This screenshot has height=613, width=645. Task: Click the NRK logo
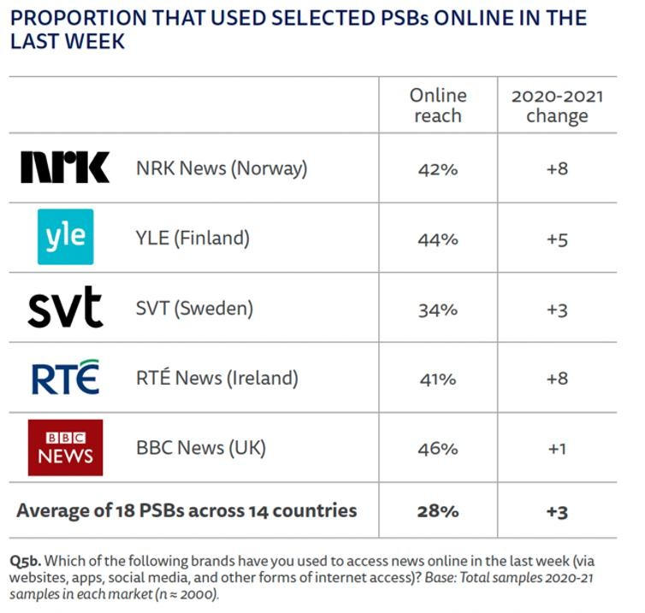pyautogui.click(x=65, y=168)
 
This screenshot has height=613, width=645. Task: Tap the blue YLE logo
pyautogui.click(x=65, y=238)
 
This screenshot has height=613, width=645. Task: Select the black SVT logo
pyautogui.click(x=65, y=308)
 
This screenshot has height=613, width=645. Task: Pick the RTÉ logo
pyautogui.click(x=65, y=378)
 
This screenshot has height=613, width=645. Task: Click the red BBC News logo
pyautogui.click(x=65, y=447)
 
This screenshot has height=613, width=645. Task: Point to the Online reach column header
pyautogui.click(x=438, y=105)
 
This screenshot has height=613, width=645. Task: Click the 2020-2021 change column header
pyautogui.click(x=557, y=105)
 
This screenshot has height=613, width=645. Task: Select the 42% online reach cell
pyautogui.click(x=438, y=168)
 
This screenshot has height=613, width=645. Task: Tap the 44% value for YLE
pyautogui.click(x=438, y=239)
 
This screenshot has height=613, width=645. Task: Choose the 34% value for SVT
pyautogui.click(x=438, y=309)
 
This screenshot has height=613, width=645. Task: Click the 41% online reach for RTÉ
pyautogui.click(x=438, y=379)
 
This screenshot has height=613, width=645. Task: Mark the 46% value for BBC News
pyautogui.click(x=438, y=448)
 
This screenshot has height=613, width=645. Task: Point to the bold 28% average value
pyautogui.click(x=438, y=511)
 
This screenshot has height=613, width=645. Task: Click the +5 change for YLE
pyautogui.click(x=557, y=239)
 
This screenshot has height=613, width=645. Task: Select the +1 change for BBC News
pyautogui.click(x=557, y=448)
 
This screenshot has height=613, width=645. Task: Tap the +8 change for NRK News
pyautogui.click(x=557, y=168)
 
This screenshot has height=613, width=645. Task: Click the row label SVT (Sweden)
pyautogui.click(x=194, y=309)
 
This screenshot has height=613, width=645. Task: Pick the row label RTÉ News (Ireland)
pyautogui.click(x=217, y=379)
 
